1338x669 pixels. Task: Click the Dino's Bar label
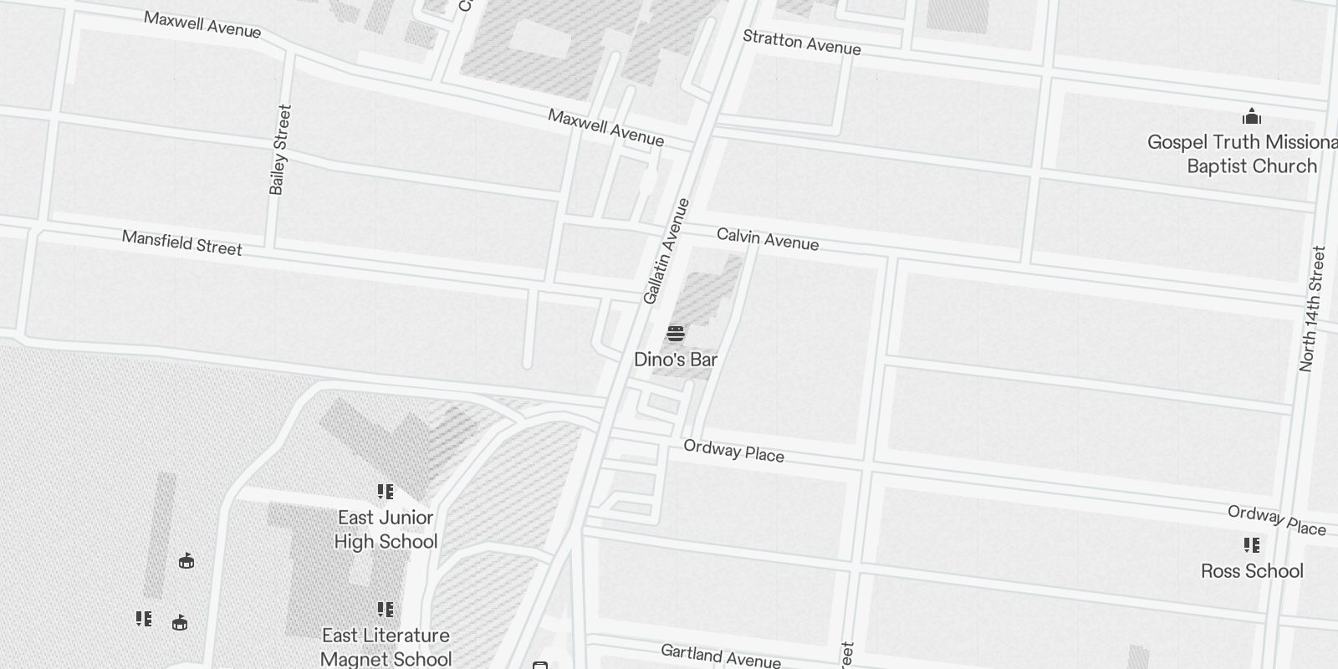676,360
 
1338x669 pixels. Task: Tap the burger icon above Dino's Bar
676,334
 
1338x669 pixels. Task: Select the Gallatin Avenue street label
666,251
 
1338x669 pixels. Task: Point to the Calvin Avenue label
768,239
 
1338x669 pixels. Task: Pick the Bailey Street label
280,150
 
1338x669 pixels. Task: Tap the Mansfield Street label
181,243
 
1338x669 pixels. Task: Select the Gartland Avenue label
720,656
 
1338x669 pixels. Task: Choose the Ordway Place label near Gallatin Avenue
733,451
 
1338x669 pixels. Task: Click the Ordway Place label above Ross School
1276,519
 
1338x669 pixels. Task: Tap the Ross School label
1252,571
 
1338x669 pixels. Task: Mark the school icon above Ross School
1252,545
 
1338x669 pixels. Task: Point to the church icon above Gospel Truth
1252,115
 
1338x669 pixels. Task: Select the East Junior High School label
386,529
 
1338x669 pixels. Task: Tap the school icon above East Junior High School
386,492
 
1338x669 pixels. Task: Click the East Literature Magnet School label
386,647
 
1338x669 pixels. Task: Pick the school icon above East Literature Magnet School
386,610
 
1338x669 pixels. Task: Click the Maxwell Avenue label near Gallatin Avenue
605,127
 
